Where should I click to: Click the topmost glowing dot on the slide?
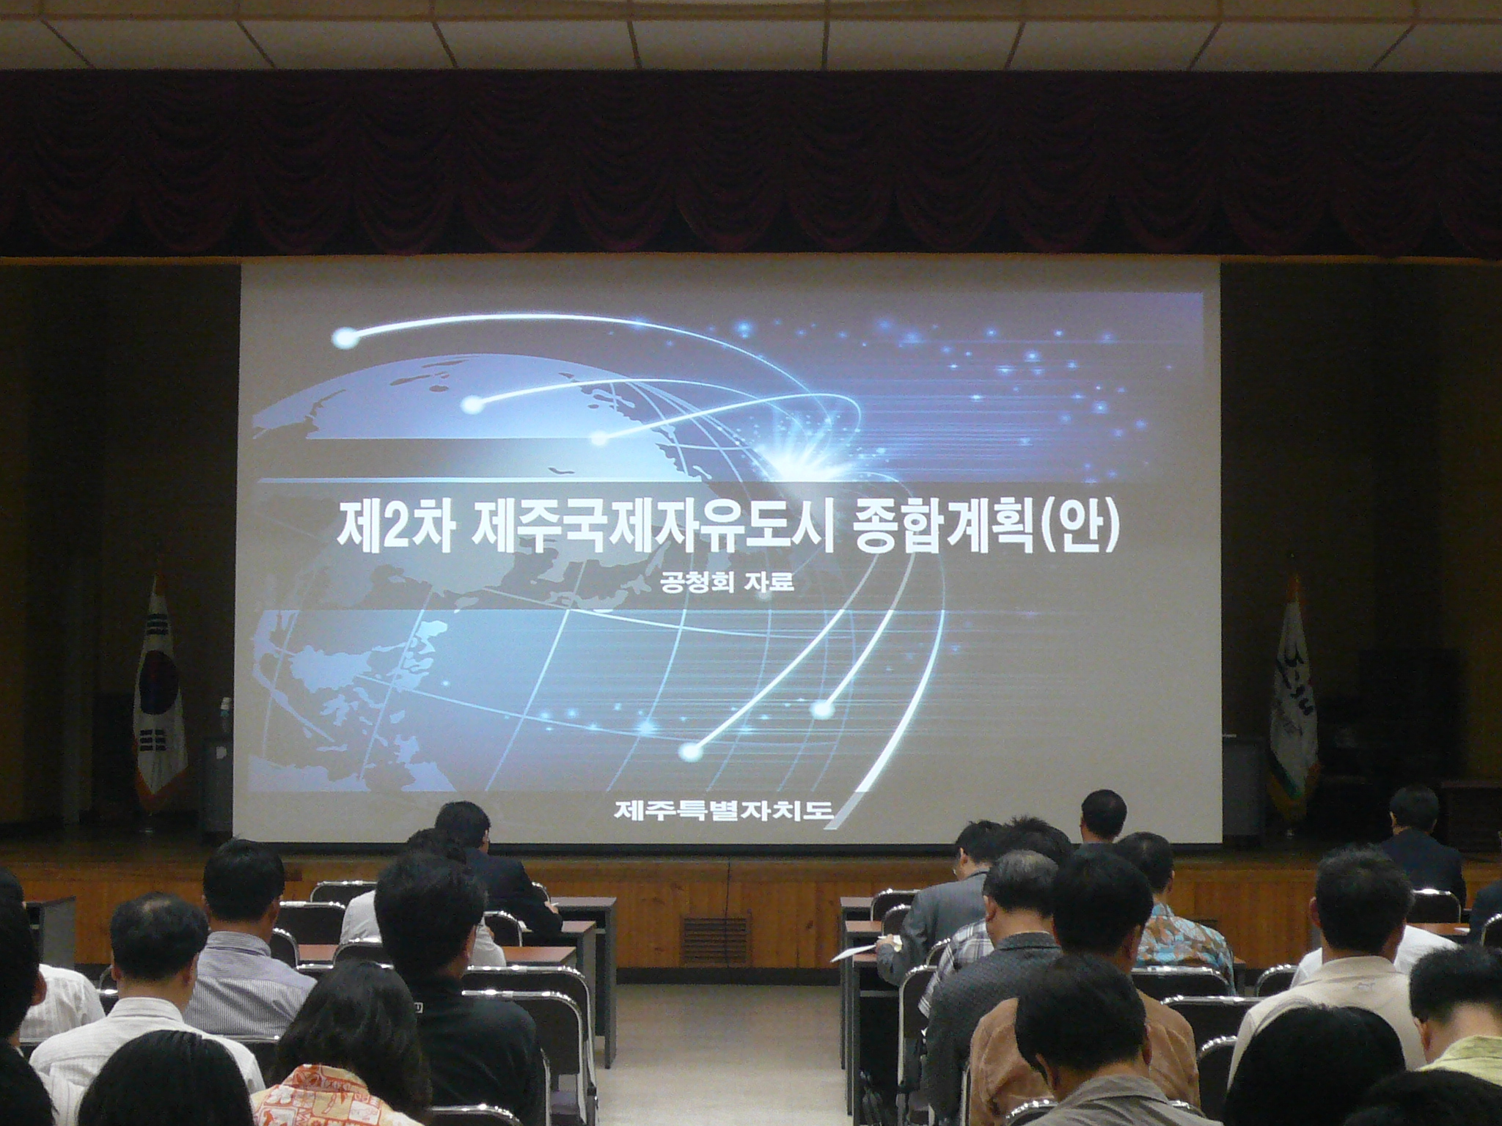coord(344,338)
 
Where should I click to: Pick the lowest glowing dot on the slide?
coord(689,751)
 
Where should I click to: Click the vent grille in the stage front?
coord(716,940)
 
